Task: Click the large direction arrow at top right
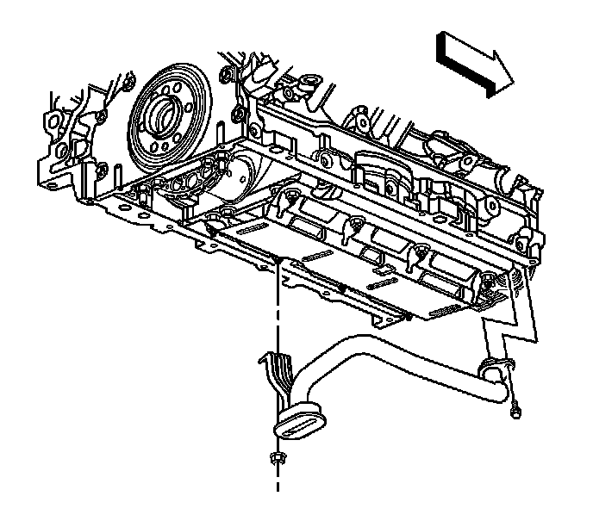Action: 474,63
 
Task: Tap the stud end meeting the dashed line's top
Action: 278,258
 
